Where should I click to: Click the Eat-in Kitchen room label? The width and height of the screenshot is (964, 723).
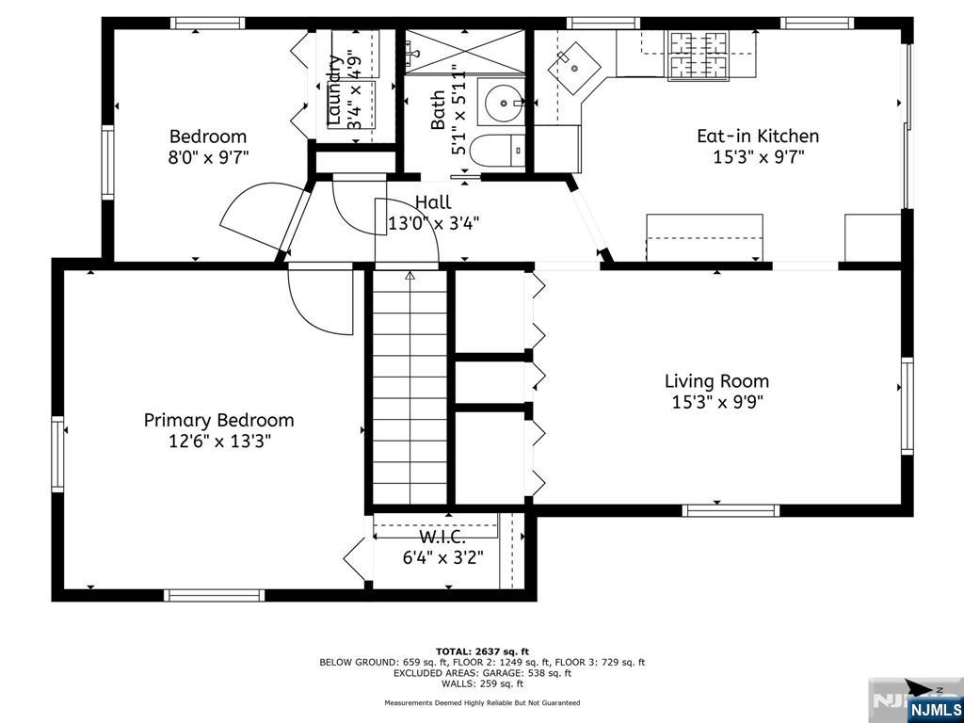pyautogui.click(x=758, y=137)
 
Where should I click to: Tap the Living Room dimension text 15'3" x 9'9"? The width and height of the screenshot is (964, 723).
pyautogui.click(x=716, y=402)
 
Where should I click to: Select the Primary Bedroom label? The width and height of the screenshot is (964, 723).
pyautogui.click(x=218, y=420)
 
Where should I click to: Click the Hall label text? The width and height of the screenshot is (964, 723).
pyautogui.click(x=433, y=202)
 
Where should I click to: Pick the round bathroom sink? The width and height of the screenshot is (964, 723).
pyautogui.click(x=504, y=102)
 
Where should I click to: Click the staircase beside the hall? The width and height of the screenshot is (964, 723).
pyautogui.click(x=410, y=386)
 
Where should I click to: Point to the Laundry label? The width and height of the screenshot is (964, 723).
pyautogui.click(x=334, y=89)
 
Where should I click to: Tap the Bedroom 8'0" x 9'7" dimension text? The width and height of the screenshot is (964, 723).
pyautogui.click(x=208, y=157)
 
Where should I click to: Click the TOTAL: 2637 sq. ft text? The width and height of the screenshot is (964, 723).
pyautogui.click(x=482, y=651)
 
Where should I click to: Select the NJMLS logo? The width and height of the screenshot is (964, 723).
pyautogui.click(x=935, y=708)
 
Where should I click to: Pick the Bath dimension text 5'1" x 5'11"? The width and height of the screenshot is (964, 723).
pyautogui.click(x=458, y=109)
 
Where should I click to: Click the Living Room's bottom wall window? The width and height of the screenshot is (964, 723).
pyautogui.click(x=731, y=510)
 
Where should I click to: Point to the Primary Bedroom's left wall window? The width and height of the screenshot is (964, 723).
pyautogui.click(x=57, y=455)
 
